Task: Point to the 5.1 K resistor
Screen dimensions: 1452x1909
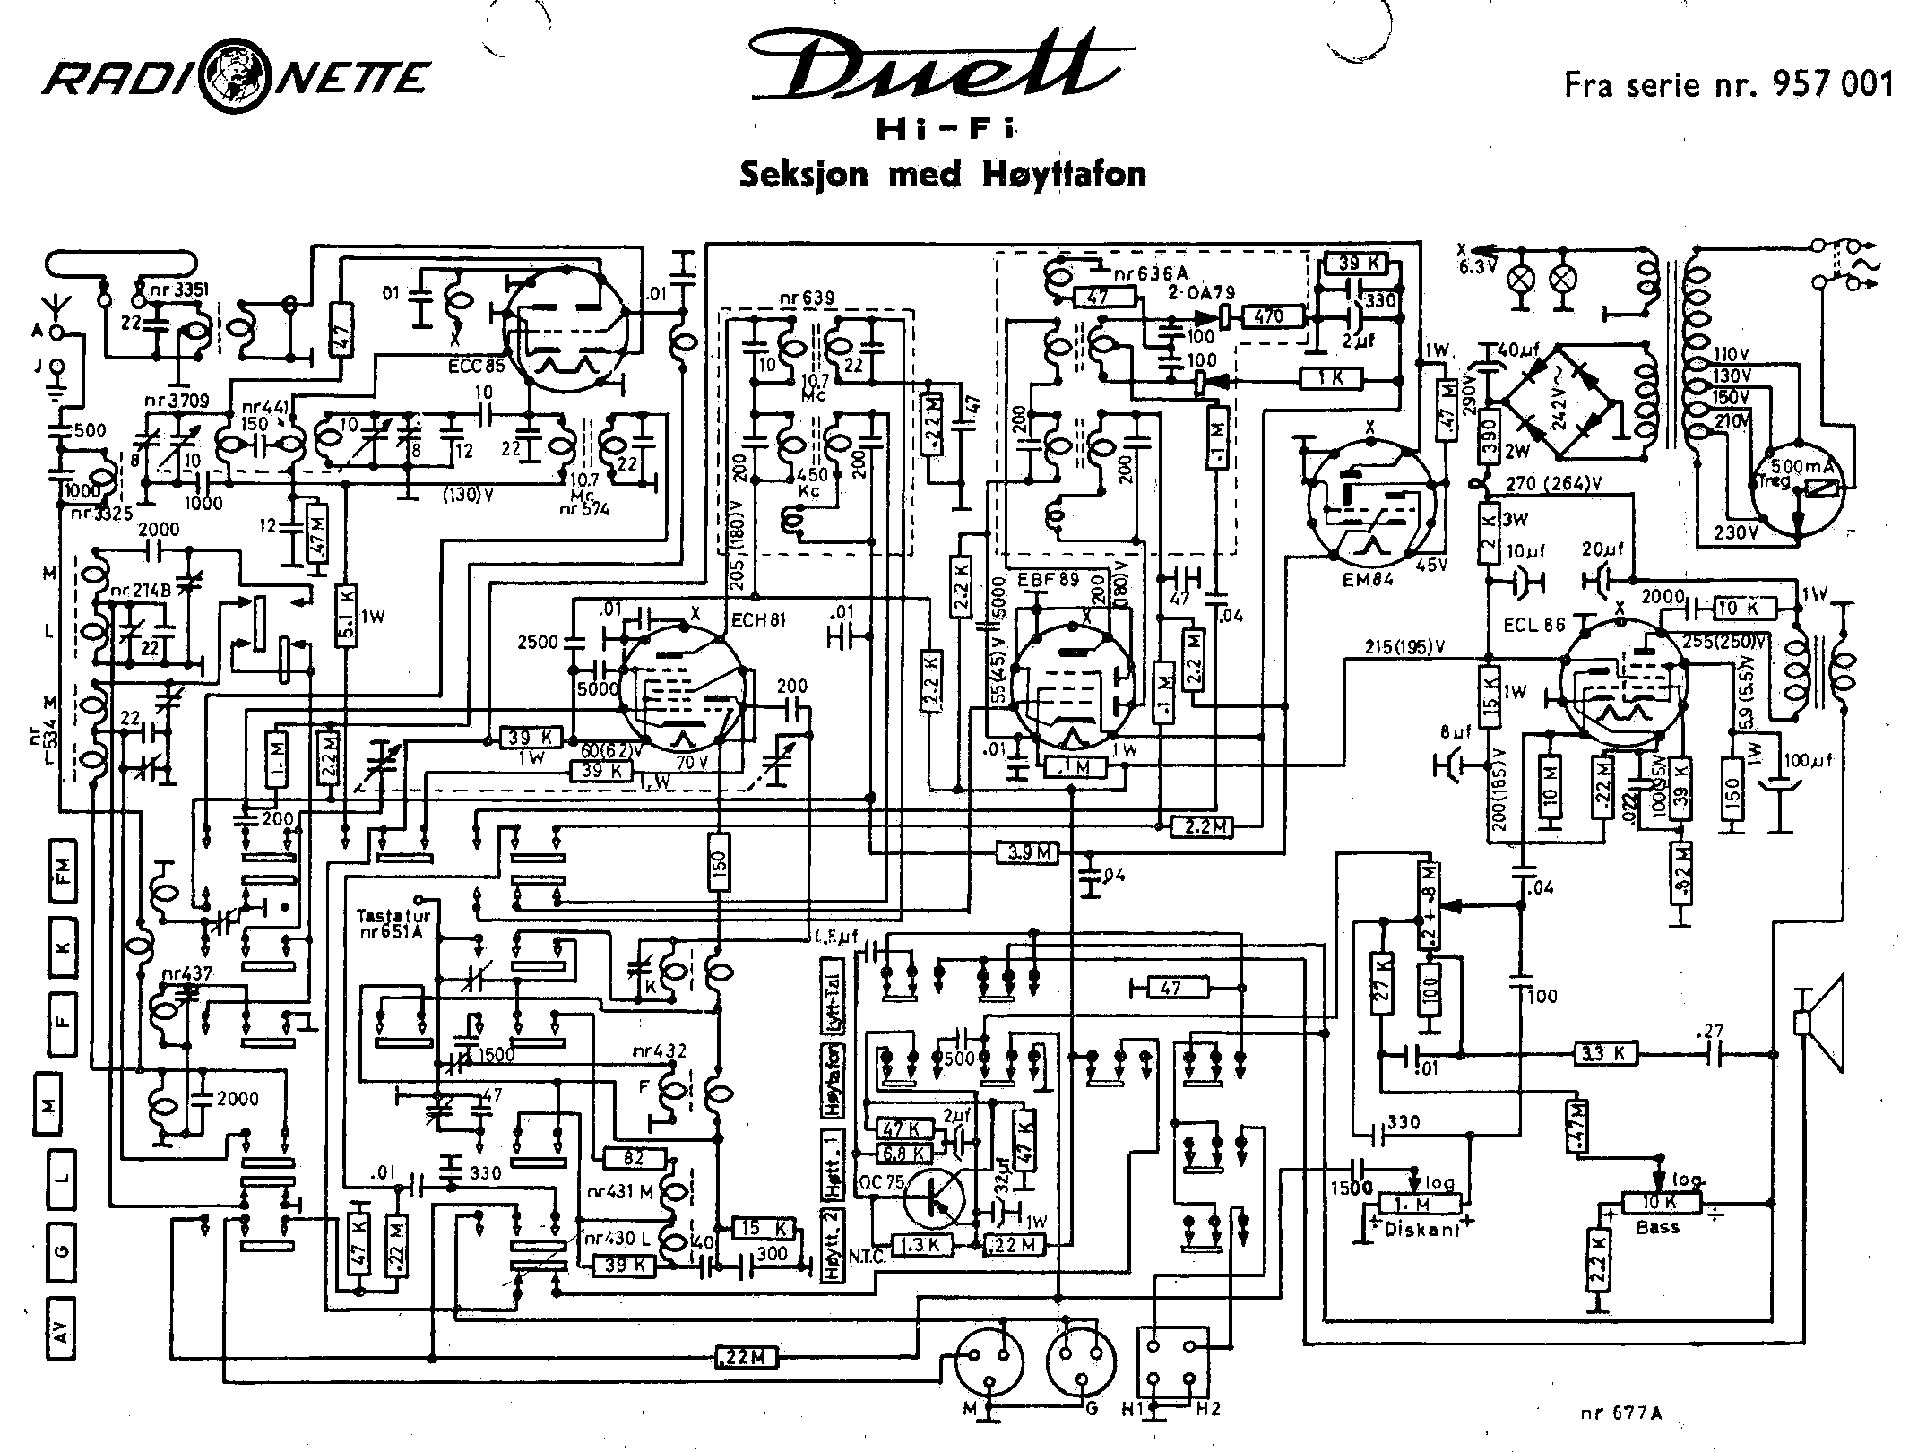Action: [x=347, y=618]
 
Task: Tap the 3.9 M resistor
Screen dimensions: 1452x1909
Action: [x=1028, y=854]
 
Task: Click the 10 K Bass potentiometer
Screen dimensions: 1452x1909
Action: [x=1660, y=1203]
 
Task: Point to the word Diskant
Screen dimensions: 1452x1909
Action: [x=1421, y=1230]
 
